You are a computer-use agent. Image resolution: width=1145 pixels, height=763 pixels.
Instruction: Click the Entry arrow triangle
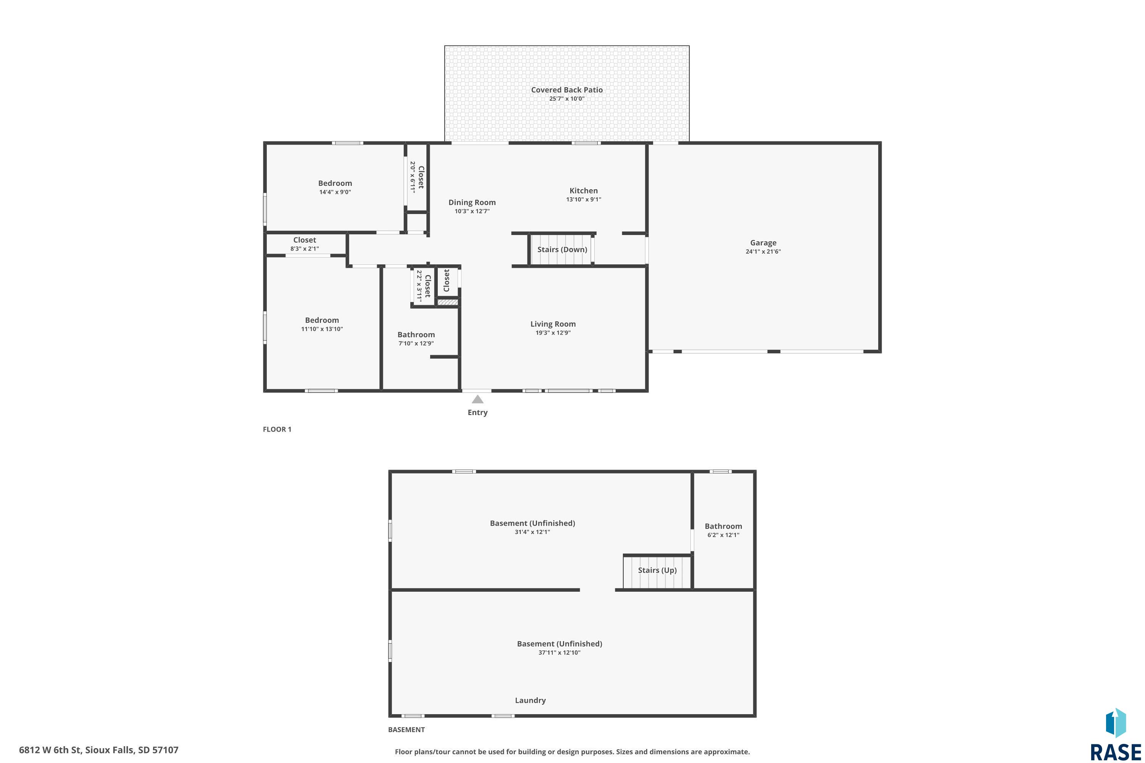(x=477, y=399)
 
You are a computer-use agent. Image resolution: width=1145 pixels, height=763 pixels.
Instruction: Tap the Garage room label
(x=763, y=243)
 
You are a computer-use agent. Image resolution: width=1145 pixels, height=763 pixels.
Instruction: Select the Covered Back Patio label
(x=567, y=90)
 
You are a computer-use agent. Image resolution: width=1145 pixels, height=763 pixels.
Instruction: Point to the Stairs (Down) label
(x=562, y=250)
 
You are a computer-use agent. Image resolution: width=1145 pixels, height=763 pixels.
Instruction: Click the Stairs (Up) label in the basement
(x=657, y=570)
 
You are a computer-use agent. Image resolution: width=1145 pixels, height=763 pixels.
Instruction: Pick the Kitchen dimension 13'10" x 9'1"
(x=584, y=200)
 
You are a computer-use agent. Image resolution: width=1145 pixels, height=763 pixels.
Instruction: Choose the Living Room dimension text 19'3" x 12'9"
(x=553, y=333)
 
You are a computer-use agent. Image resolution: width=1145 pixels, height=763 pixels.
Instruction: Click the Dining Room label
(x=472, y=203)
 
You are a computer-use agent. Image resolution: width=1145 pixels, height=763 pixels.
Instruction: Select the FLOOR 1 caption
(x=277, y=429)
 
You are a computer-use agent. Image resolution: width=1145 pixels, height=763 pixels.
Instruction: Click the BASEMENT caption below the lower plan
(x=406, y=729)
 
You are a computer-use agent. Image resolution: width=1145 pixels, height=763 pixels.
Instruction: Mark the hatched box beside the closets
(x=447, y=303)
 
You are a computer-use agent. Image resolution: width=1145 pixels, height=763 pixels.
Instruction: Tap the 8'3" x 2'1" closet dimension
(x=305, y=249)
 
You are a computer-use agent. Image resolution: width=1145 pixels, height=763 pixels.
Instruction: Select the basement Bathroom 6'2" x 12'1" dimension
(x=723, y=535)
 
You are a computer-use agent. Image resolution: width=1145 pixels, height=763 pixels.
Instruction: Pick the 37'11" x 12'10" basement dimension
(x=560, y=652)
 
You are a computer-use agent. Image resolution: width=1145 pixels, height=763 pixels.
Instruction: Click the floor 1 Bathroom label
(x=416, y=335)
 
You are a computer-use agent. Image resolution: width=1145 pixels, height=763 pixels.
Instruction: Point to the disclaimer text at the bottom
(x=572, y=752)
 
